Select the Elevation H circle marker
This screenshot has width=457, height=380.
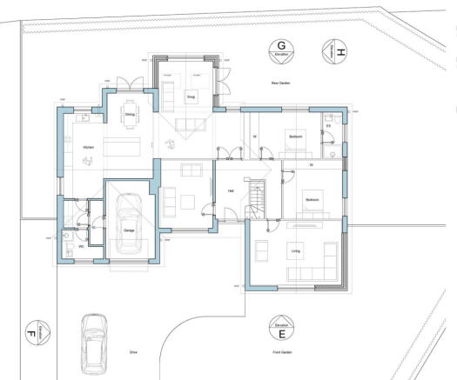pyautogui.click(x=334, y=51)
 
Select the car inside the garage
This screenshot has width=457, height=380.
pyautogui.click(x=128, y=227)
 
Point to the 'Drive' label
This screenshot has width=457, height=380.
pyautogui.click(x=133, y=354)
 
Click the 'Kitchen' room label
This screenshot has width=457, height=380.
pyautogui.click(x=88, y=148)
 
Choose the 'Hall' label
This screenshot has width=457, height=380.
pyautogui.click(x=231, y=190)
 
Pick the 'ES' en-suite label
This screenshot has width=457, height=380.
pyautogui.click(x=328, y=127)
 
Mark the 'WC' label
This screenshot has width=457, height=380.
pyautogui.click(x=81, y=246)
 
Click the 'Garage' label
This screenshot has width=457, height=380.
pyautogui.click(x=128, y=230)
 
